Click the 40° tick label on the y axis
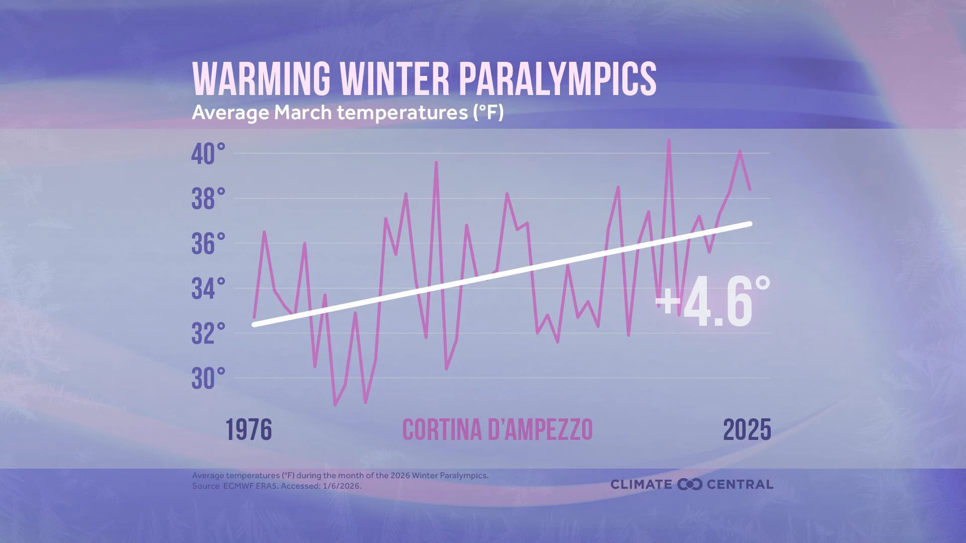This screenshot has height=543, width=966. pyautogui.click(x=208, y=154)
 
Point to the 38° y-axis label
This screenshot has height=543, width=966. pyautogui.click(x=208, y=199)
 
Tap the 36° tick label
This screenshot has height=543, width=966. pyautogui.click(x=208, y=244)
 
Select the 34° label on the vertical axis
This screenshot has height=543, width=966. pyautogui.click(x=208, y=289)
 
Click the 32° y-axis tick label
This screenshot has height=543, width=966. pyautogui.click(x=208, y=334)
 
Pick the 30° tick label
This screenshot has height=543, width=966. pyautogui.click(x=208, y=379)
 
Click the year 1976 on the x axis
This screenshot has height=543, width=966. pyautogui.click(x=249, y=430)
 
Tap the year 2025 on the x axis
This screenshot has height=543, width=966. pyautogui.click(x=747, y=430)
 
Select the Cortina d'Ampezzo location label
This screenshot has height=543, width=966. pyautogui.click(x=497, y=430)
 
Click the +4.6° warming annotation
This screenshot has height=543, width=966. pyautogui.click(x=712, y=303)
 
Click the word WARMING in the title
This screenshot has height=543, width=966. pyautogui.click(x=261, y=79)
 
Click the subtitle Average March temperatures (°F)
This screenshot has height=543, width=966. pyautogui.click(x=347, y=113)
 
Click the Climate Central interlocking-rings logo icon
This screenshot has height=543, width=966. pyautogui.click(x=689, y=485)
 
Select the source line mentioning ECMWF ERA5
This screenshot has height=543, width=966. pyautogui.click(x=277, y=486)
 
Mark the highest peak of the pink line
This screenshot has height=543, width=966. pyautogui.click(x=669, y=140)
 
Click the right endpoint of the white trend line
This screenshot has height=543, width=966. pyautogui.click(x=750, y=224)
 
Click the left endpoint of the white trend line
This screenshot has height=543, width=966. pyautogui.click(x=254, y=325)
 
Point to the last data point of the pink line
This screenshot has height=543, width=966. pyautogui.click(x=750, y=190)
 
